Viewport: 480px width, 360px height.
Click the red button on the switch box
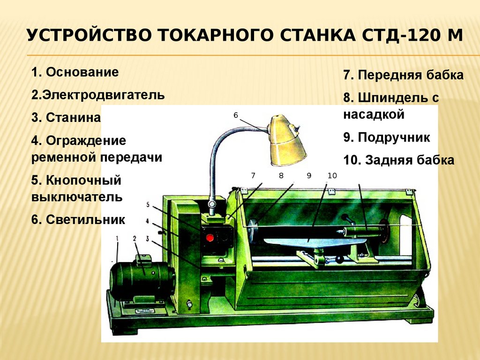click(210, 237)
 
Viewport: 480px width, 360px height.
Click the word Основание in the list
click(82, 72)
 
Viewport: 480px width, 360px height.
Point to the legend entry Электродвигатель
click(104, 95)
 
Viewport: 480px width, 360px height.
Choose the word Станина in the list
click(73, 118)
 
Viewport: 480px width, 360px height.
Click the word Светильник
click(85, 219)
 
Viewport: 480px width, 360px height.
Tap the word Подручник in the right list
click(394, 137)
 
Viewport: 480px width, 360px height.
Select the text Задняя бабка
click(410, 160)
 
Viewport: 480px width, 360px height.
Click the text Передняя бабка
click(411, 75)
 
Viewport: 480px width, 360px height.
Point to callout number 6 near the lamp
click(236, 115)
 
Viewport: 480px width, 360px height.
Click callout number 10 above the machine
click(332, 175)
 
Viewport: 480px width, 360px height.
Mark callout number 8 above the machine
click(281, 175)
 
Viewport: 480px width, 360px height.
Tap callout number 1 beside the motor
click(117, 238)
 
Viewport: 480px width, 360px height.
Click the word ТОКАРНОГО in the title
click(216, 35)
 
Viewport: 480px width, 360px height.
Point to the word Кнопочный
click(83, 180)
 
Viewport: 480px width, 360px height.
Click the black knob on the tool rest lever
click(339, 260)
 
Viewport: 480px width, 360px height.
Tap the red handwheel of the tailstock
click(383, 230)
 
